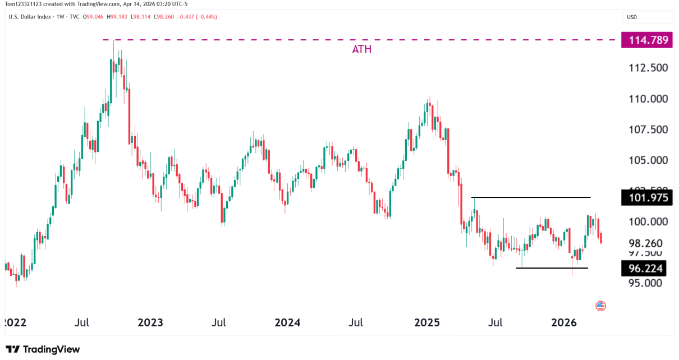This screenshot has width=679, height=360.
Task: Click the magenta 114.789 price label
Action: click(646, 40)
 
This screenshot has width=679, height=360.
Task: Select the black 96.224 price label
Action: click(643, 269)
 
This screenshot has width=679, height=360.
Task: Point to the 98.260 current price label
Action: click(645, 244)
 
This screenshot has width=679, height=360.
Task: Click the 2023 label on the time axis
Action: click(150, 323)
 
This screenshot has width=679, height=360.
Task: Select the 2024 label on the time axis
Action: click(287, 323)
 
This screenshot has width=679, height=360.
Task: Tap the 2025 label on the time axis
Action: click(427, 323)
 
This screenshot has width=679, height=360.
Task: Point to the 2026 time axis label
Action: click(564, 323)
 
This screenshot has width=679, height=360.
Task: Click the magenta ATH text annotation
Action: click(362, 49)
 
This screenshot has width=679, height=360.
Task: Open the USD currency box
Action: click(632, 17)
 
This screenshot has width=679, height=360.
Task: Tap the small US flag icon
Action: click(600, 306)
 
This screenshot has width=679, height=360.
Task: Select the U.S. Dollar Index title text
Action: click(29, 17)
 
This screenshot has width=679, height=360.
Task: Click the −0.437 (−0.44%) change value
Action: click(197, 17)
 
